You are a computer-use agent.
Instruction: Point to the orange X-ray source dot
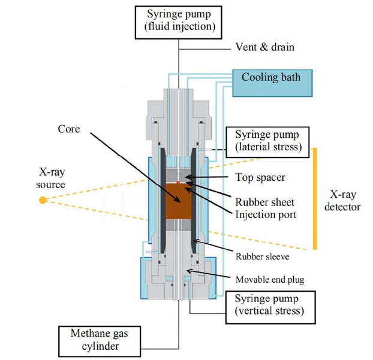[x=43, y=199]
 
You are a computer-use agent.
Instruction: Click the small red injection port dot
[x=178, y=183]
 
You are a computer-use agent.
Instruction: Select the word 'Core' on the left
[x=69, y=129]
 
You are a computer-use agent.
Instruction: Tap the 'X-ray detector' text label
[x=345, y=200]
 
